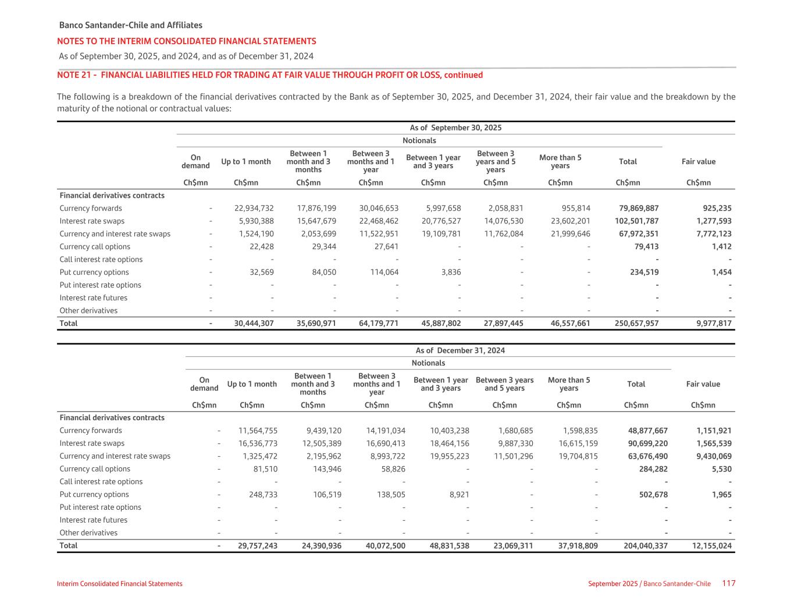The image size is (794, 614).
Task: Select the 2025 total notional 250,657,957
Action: (636, 323)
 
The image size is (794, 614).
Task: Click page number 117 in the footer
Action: (729, 583)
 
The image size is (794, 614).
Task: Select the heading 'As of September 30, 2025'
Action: (455, 128)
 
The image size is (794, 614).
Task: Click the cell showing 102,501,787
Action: (636, 221)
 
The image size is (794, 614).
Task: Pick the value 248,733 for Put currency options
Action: (258, 495)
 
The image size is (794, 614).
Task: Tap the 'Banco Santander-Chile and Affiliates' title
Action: (131, 26)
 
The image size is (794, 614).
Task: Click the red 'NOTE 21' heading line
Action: (270, 75)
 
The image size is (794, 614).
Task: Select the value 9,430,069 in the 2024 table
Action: (714, 456)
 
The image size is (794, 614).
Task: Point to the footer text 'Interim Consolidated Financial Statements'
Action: (120, 584)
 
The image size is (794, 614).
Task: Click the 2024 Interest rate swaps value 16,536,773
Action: (258, 443)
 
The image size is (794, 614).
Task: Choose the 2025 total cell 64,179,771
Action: (379, 323)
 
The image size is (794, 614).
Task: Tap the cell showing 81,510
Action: (263, 469)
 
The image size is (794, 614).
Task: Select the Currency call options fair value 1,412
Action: (721, 247)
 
